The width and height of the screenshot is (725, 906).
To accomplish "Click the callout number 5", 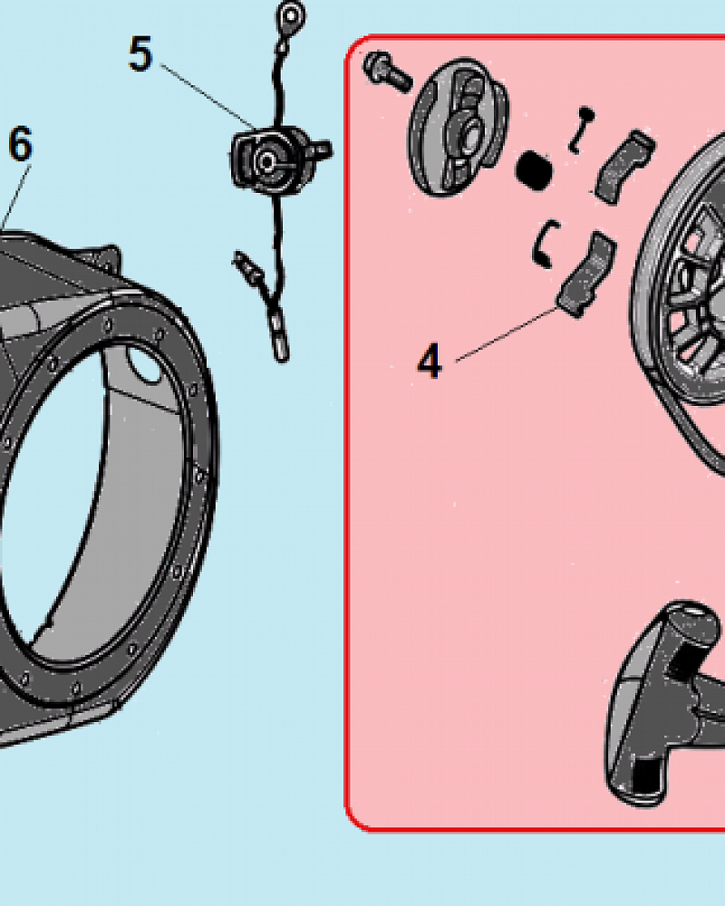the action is click(x=140, y=54).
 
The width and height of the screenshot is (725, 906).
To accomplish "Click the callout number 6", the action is click(x=21, y=144).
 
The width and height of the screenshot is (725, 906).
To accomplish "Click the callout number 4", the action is click(x=430, y=361).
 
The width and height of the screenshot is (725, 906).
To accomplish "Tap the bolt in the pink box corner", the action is click(x=387, y=72).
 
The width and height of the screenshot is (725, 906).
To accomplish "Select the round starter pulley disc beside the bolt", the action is click(x=459, y=127).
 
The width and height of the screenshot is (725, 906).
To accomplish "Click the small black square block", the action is click(x=534, y=170).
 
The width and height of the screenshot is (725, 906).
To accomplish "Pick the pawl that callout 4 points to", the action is click(x=586, y=274).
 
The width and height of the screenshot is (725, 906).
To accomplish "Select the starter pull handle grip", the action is click(x=665, y=703).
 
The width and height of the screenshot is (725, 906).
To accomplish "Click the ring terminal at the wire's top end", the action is click(x=291, y=17).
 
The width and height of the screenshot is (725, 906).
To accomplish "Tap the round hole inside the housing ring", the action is click(x=143, y=364).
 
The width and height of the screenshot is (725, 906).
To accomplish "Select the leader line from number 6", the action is click(x=15, y=197).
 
